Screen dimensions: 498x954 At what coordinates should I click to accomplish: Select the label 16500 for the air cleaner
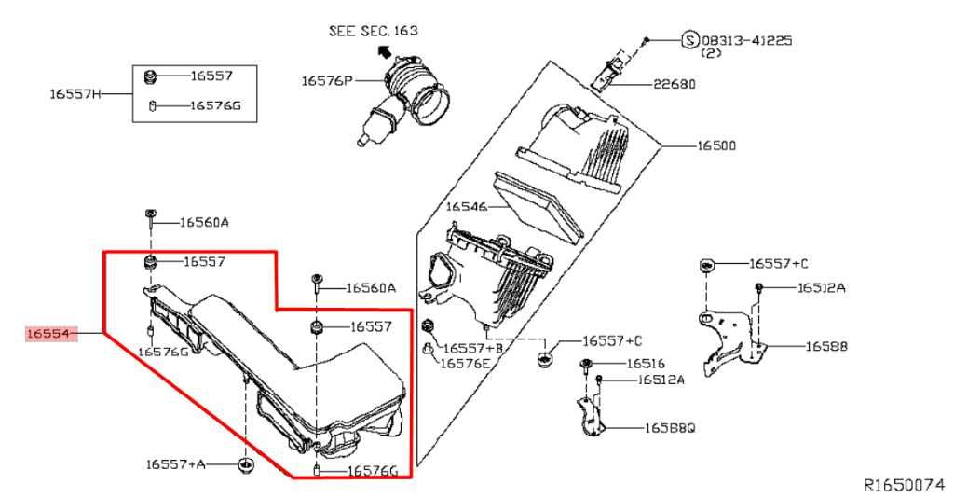tap(716, 146)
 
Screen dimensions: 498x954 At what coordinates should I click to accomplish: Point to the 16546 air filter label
tap(467, 206)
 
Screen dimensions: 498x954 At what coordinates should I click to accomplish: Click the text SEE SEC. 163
tap(373, 31)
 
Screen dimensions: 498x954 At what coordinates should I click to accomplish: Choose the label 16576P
tap(326, 81)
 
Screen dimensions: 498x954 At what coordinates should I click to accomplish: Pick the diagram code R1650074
tap(904, 485)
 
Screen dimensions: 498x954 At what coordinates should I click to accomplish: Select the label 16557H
tap(75, 93)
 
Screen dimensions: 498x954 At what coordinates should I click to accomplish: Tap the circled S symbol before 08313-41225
tap(689, 40)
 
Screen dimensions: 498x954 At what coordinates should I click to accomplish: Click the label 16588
tap(826, 346)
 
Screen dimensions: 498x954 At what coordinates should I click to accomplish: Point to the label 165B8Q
tap(669, 429)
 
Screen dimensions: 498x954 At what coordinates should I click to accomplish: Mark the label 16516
tap(646, 363)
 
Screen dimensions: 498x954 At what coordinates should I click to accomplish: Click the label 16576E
tap(466, 364)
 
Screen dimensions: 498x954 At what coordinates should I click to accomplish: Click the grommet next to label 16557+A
tap(245, 464)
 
